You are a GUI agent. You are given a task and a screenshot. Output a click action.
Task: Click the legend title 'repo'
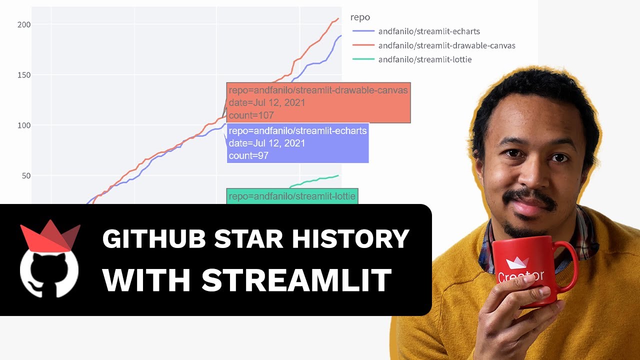pos(360,17)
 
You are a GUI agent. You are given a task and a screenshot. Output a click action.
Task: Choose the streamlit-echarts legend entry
pos(429,31)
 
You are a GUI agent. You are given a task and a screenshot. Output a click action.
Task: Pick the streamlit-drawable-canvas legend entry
pos(446,45)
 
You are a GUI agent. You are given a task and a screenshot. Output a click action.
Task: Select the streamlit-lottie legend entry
pos(424,59)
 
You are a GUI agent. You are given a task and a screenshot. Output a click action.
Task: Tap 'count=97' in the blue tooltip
pos(248,155)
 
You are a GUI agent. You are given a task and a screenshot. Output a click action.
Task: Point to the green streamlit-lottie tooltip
pos(292,196)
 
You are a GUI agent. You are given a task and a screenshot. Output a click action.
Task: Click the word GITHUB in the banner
pos(153,239)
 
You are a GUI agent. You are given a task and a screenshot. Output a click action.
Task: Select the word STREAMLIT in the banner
pos(296,280)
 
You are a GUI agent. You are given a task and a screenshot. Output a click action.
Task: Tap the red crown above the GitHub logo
pos(50,236)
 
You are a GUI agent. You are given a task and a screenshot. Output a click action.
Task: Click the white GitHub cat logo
pos(48,272)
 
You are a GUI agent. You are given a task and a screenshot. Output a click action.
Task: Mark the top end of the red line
pos(338,19)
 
